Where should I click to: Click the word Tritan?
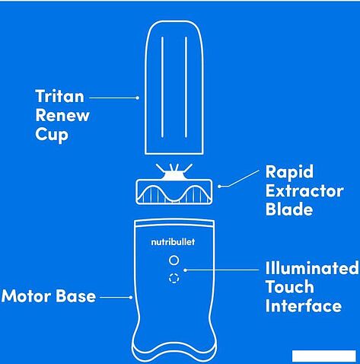[60, 96]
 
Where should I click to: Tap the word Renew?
[62, 116]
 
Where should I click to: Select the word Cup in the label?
[52, 135]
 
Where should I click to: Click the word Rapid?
[289, 172]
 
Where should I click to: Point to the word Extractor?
[304, 191]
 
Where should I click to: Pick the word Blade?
[289, 209]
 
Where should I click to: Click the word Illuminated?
[312, 268]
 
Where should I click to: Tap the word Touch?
[290, 287]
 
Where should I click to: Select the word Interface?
[304, 306]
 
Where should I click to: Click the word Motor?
[27, 296]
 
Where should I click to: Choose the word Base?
[75, 296]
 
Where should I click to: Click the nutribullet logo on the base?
[173, 242]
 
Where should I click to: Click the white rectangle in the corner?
[324, 356]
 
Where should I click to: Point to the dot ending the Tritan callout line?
[138, 97]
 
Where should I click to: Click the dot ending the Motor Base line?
[131, 297]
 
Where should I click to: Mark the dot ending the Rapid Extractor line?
[219, 187]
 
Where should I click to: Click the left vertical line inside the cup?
[162, 88]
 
